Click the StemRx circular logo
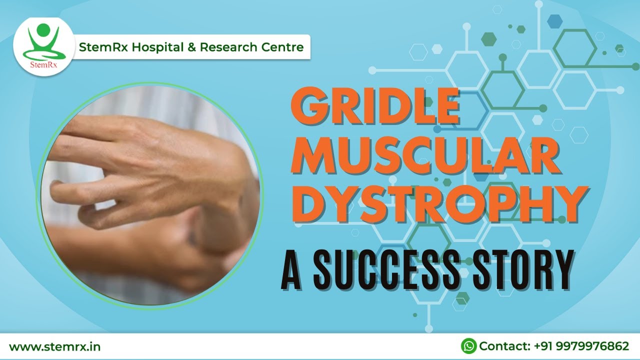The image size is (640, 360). [43, 46]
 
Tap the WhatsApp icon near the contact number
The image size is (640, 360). [468, 346]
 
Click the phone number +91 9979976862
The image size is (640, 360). [581, 346]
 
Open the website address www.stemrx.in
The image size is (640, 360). [54, 346]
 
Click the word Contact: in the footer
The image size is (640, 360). [504, 346]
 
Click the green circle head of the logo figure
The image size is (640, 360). [43, 29]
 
